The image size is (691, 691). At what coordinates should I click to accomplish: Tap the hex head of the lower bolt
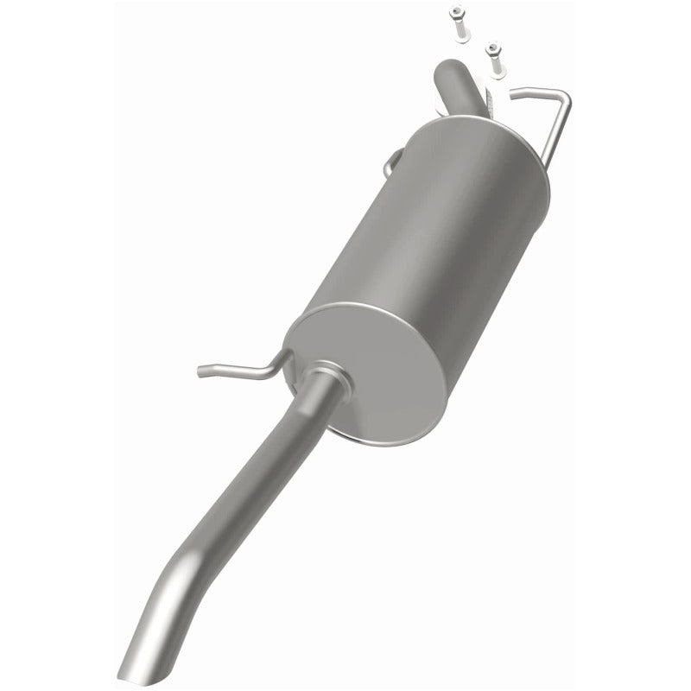coord(492,49)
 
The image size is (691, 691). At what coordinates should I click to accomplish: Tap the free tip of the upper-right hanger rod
coord(513,92)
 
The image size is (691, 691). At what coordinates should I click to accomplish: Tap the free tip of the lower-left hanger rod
coord(201,371)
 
